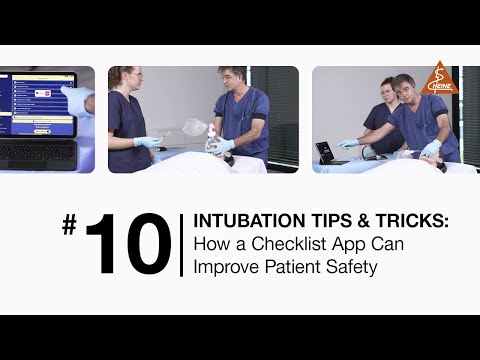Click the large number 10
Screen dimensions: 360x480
[x=126, y=245]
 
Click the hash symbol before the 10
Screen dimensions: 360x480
[x=69, y=226]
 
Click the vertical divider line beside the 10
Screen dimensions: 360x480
[x=181, y=245]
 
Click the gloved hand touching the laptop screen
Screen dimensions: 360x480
[x=75, y=98]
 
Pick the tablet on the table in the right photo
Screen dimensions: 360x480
[x=327, y=152]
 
